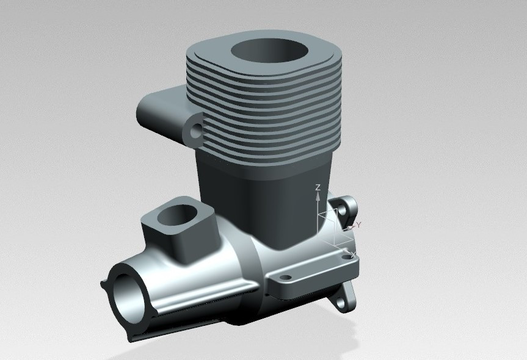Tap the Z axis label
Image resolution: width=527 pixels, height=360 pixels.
[317, 187]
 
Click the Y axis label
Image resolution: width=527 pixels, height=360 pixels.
[359, 225]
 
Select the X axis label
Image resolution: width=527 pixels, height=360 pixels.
[353, 253]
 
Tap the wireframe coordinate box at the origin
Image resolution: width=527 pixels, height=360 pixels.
[330, 229]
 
